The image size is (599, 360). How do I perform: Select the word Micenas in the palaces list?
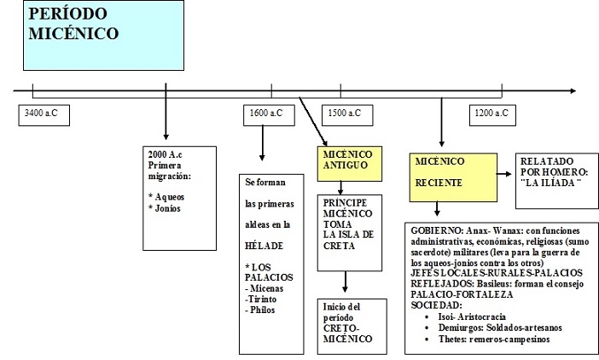click(x=266, y=287)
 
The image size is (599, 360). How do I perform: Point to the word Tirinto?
click(x=263, y=299)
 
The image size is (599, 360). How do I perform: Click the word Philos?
click(x=262, y=310)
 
